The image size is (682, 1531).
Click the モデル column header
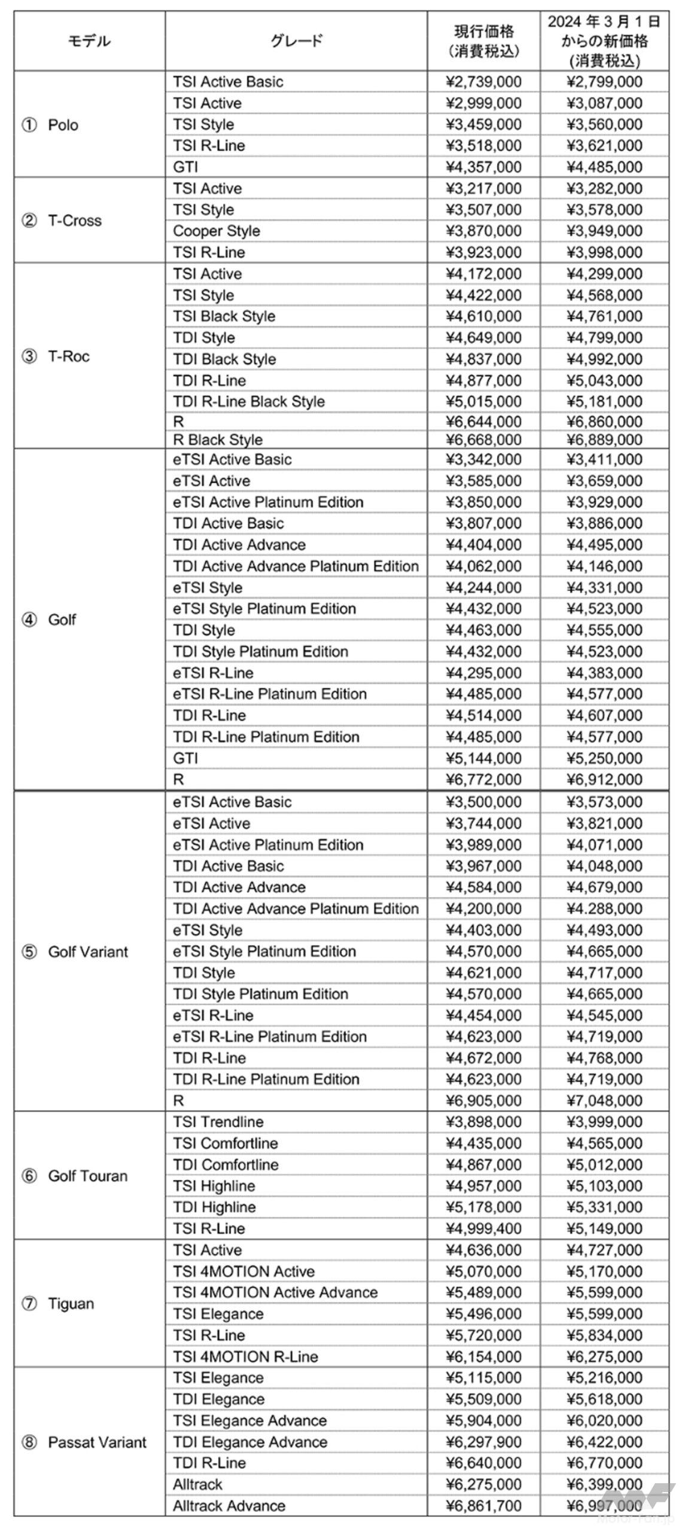click(89, 41)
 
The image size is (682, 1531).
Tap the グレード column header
click(296, 41)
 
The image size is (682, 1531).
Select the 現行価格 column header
click(483, 41)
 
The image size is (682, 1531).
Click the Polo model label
click(62, 125)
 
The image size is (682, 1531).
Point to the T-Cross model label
click(74, 220)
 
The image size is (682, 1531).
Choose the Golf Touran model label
click(87, 1176)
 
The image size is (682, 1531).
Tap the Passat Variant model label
click(96, 1442)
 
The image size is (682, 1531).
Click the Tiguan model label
click(71, 1304)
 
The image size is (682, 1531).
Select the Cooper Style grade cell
click(217, 231)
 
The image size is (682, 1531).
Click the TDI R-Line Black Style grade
click(249, 401)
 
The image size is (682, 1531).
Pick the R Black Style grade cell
click(218, 440)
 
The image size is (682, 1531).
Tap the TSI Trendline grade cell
click(218, 1122)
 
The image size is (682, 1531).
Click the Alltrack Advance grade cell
click(229, 1506)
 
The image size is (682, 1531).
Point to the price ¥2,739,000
click(483, 82)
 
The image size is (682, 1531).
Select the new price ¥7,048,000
click(604, 1100)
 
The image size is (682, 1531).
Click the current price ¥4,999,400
click(483, 1228)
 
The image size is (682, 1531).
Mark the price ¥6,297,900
click(483, 1442)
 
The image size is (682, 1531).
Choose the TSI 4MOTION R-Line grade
click(245, 1356)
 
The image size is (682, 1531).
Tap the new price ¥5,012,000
click(604, 1164)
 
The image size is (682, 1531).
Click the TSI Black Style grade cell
click(224, 316)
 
